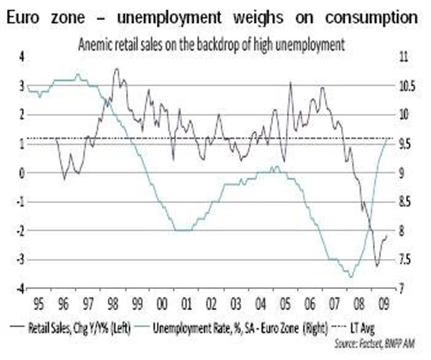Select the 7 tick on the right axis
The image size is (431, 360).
tap(401, 289)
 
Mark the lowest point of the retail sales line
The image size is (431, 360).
tap(376, 266)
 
